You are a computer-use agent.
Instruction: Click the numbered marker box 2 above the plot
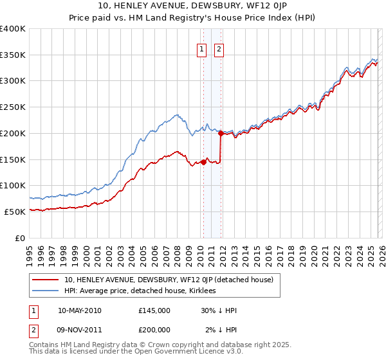pos(219,48)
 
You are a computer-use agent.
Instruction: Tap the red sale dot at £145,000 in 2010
pos(203,162)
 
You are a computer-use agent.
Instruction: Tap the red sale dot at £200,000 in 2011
pos(221,133)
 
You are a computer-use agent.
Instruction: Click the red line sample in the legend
pos(46,280)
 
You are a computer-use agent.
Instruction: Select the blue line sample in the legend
pos(46,291)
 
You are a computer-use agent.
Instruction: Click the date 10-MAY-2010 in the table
pos(79,310)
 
